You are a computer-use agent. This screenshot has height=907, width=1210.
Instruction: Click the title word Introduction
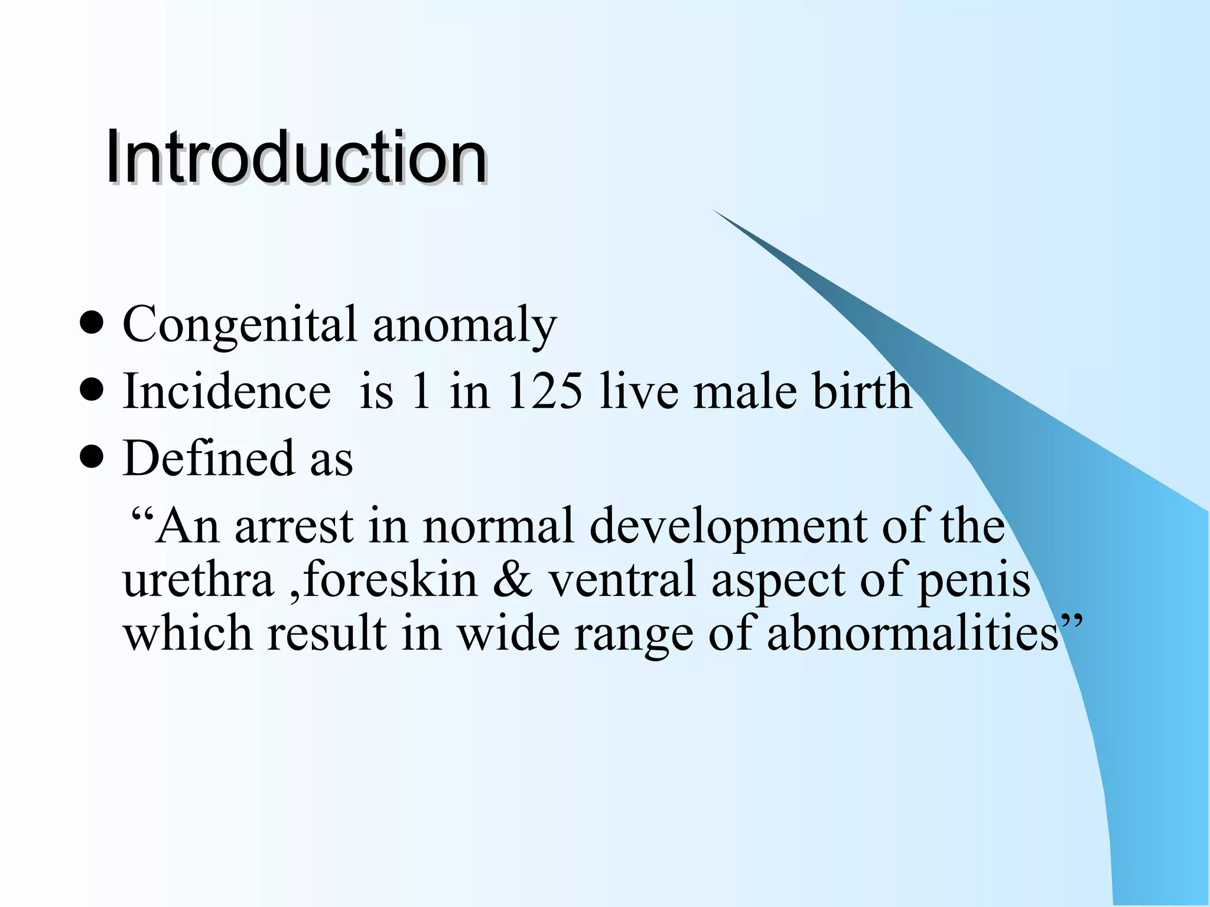295,157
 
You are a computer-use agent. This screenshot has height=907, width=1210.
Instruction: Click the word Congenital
239,325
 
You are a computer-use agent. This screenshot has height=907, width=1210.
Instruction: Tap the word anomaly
464,326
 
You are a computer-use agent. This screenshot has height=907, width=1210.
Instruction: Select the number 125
544,390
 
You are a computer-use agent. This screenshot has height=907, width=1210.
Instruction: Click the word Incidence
226,390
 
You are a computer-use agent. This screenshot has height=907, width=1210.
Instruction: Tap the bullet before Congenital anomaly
91,324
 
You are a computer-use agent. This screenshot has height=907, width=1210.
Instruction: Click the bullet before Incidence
91,390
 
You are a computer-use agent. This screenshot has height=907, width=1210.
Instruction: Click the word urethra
198,579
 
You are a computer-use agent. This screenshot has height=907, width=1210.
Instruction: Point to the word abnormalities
913,633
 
